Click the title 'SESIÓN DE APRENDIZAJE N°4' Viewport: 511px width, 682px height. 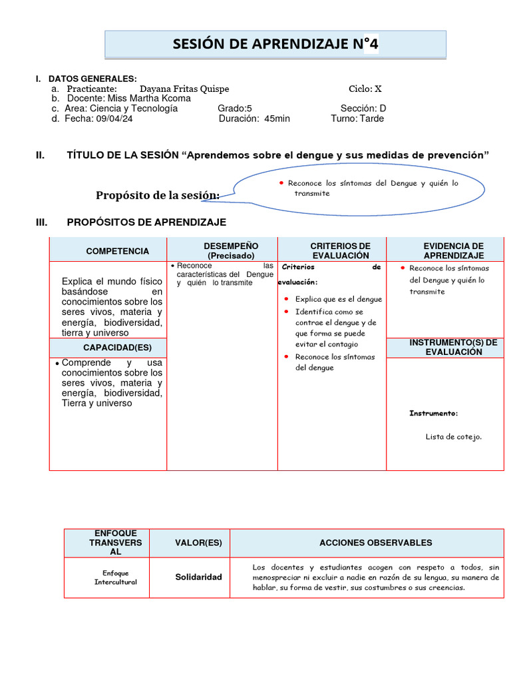[275, 45]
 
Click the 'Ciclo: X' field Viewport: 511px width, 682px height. [365, 89]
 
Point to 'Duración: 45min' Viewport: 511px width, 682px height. [254, 119]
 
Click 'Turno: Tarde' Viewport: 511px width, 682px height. [357, 119]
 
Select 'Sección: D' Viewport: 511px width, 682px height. [363, 109]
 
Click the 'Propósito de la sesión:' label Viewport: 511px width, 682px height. [158, 195]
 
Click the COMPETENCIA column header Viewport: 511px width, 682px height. [108, 251]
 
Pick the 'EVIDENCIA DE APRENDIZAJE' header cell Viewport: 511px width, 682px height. [453, 251]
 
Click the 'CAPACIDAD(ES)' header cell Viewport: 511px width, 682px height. [108, 348]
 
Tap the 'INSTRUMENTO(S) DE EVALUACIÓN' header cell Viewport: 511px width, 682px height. [453, 347]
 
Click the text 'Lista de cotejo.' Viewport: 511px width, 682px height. [453, 437]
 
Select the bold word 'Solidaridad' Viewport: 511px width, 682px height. [199, 577]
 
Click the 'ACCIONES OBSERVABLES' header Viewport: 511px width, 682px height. [375, 543]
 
